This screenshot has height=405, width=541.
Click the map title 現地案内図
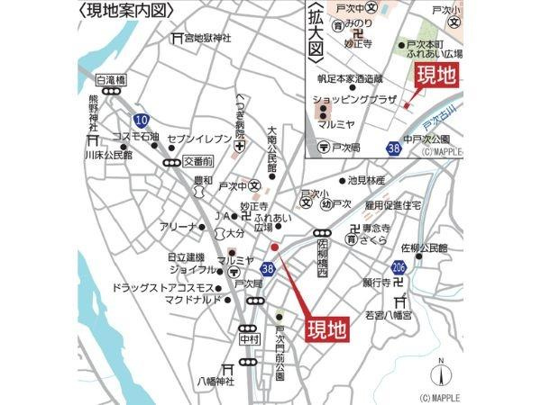pyautogui.click(x=125, y=12)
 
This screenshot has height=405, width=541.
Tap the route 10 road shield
pyautogui.click(x=141, y=120)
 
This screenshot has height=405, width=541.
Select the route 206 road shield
pyautogui.click(x=399, y=268)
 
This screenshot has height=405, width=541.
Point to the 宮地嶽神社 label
pyautogui.click(x=207, y=38)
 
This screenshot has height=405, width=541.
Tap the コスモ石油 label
pyautogui.click(x=134, y=138)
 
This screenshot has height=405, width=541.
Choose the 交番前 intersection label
pyautogui.click(x=197, y=161)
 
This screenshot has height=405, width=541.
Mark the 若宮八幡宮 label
pyautogui.click(x=388, y=316)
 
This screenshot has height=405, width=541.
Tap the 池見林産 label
pyautogui.click(x=367, y=180)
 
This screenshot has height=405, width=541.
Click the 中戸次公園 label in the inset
pyautogui.click(x=426, y=139)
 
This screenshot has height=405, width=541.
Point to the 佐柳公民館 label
pyautogui.click(x=424, y=247)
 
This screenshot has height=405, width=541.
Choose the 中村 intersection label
pyautogui.click(x=249, y=340)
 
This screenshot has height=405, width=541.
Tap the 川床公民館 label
pyautogui.click(x=108, y=155)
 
